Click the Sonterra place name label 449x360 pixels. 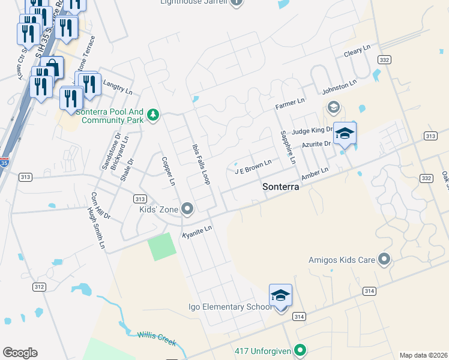(x=281, y=187)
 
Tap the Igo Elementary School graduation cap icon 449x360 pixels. (x=280, y=295)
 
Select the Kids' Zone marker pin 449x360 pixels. (x=188, y=209)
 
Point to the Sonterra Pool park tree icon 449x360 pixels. (x=153, y=114)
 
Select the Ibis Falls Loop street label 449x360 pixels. (x=200, y=163)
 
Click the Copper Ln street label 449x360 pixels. (x=168, y=171)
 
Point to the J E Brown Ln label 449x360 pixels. (x=253, y=166)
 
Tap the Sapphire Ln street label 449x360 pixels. (x=288, y=147)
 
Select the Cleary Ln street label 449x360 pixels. (x=358, y=53)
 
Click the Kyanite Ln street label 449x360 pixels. (x=197, y=232)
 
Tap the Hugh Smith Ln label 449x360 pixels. (x=97, y=229)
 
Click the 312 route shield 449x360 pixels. (x=39, y=287)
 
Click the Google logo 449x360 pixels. (x=20, y=352)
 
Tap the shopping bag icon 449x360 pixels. (x=53, y=66)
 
